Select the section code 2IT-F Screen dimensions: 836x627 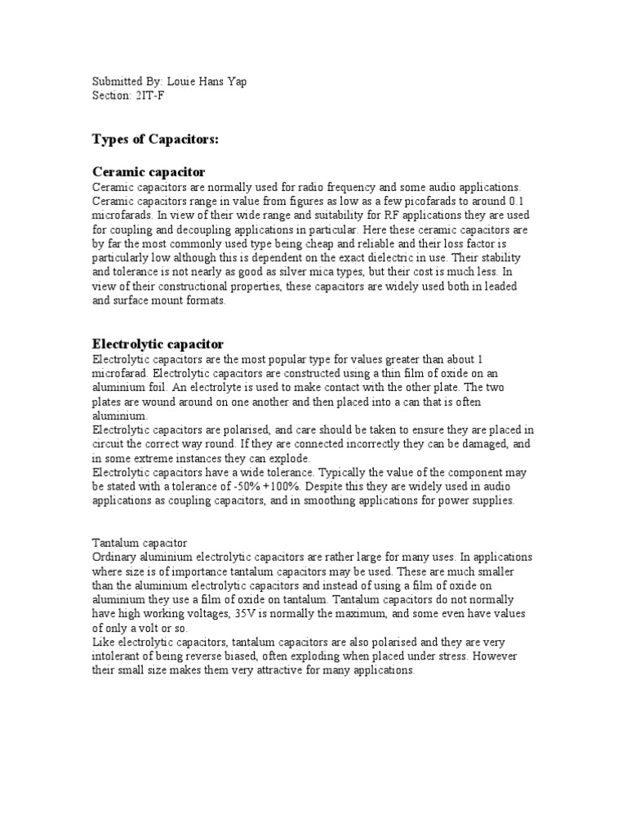click(x=149, y=96)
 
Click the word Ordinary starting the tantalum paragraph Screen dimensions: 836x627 click(x=116, y=557)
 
